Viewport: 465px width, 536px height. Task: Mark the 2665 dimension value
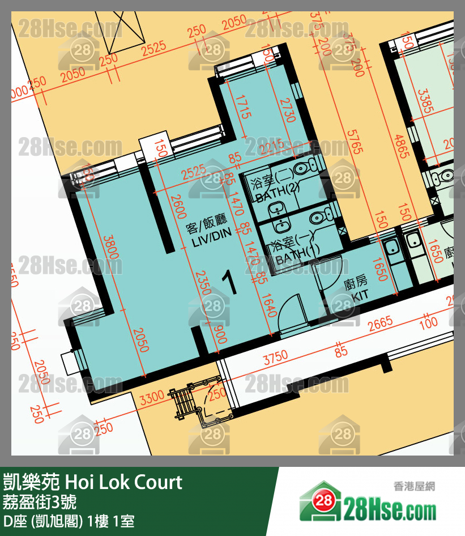pyautogui.click(x=380, y=324)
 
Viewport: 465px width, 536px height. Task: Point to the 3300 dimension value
pyautogui.click(x=152, y=398)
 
